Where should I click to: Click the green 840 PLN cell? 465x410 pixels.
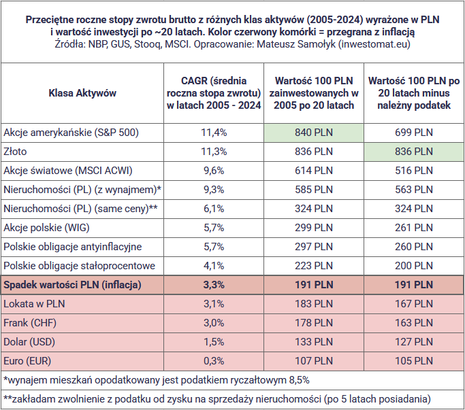coord(314,133)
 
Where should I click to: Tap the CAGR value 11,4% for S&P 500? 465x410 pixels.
coord(214,133)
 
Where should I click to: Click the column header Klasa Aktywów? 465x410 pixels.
coord(82,92)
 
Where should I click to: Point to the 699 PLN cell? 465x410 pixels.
coord(414,133)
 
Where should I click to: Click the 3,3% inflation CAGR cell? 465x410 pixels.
coord(214,285)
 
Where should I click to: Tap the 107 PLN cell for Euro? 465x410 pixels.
coord(314,361)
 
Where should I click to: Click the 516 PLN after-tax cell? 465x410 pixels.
coord(414,171)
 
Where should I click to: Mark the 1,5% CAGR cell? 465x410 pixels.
coord(214,342)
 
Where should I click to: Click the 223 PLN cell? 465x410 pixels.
coord(314,266)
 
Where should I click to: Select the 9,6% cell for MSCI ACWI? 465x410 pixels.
coord(214,171)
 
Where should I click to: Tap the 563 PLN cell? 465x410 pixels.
coord(414,190)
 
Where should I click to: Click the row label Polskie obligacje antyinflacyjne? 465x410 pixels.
coord(73,247)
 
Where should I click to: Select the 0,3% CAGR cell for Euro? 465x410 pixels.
coord(214,361)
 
